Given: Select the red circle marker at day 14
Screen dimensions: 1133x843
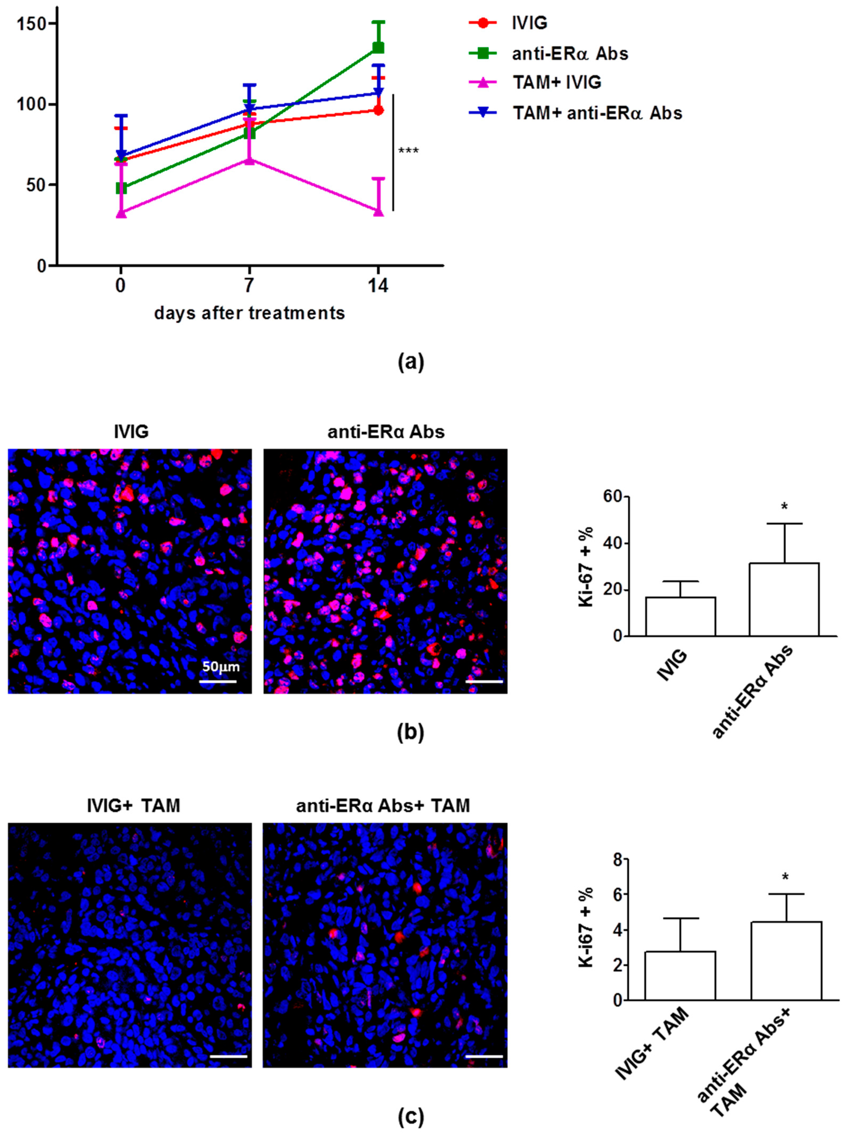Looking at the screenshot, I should coord(378,110).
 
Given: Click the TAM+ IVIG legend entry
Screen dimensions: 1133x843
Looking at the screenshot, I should coord(556,82).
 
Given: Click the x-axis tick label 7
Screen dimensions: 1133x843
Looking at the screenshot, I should coord(249,285).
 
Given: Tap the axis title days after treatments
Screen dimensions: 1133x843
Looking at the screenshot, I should coord(249,312).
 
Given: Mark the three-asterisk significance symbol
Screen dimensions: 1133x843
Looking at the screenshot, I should coord(408,151).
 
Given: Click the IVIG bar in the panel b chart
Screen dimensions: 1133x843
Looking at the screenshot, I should coord(680,616).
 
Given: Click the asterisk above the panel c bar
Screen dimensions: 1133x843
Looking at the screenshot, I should coord(785,877).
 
